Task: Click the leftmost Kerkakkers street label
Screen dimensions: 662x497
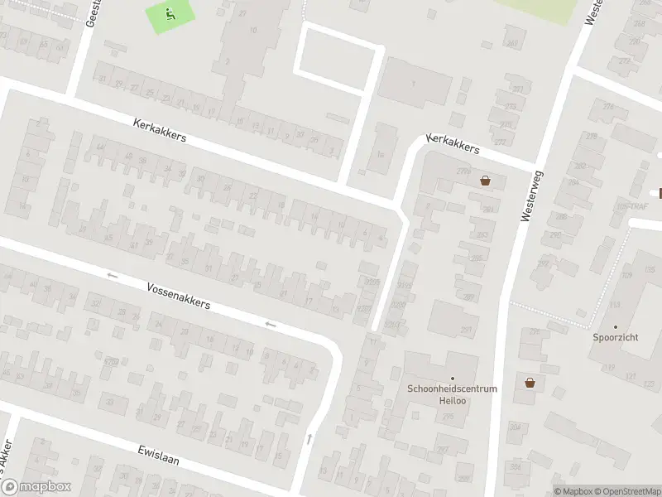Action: click(160, 133)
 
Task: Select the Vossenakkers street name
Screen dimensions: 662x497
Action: click(178, 294)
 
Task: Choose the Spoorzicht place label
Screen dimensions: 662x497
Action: click(616, 338)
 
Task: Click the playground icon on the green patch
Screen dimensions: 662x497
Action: click(170, 13)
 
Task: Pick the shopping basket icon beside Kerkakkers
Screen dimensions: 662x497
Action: click(485, 180)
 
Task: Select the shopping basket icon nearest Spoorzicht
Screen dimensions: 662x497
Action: click(530, 383)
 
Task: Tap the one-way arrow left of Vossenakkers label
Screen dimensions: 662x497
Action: click(113, 275)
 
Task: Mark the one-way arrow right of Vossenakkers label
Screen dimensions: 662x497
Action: click(270, 324)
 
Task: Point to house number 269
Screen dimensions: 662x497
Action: click(512, 44)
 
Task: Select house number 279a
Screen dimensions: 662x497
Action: click(462, 171)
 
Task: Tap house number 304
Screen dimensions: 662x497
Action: click(516, 427)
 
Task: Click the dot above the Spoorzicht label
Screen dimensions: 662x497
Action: click(616, 327)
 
